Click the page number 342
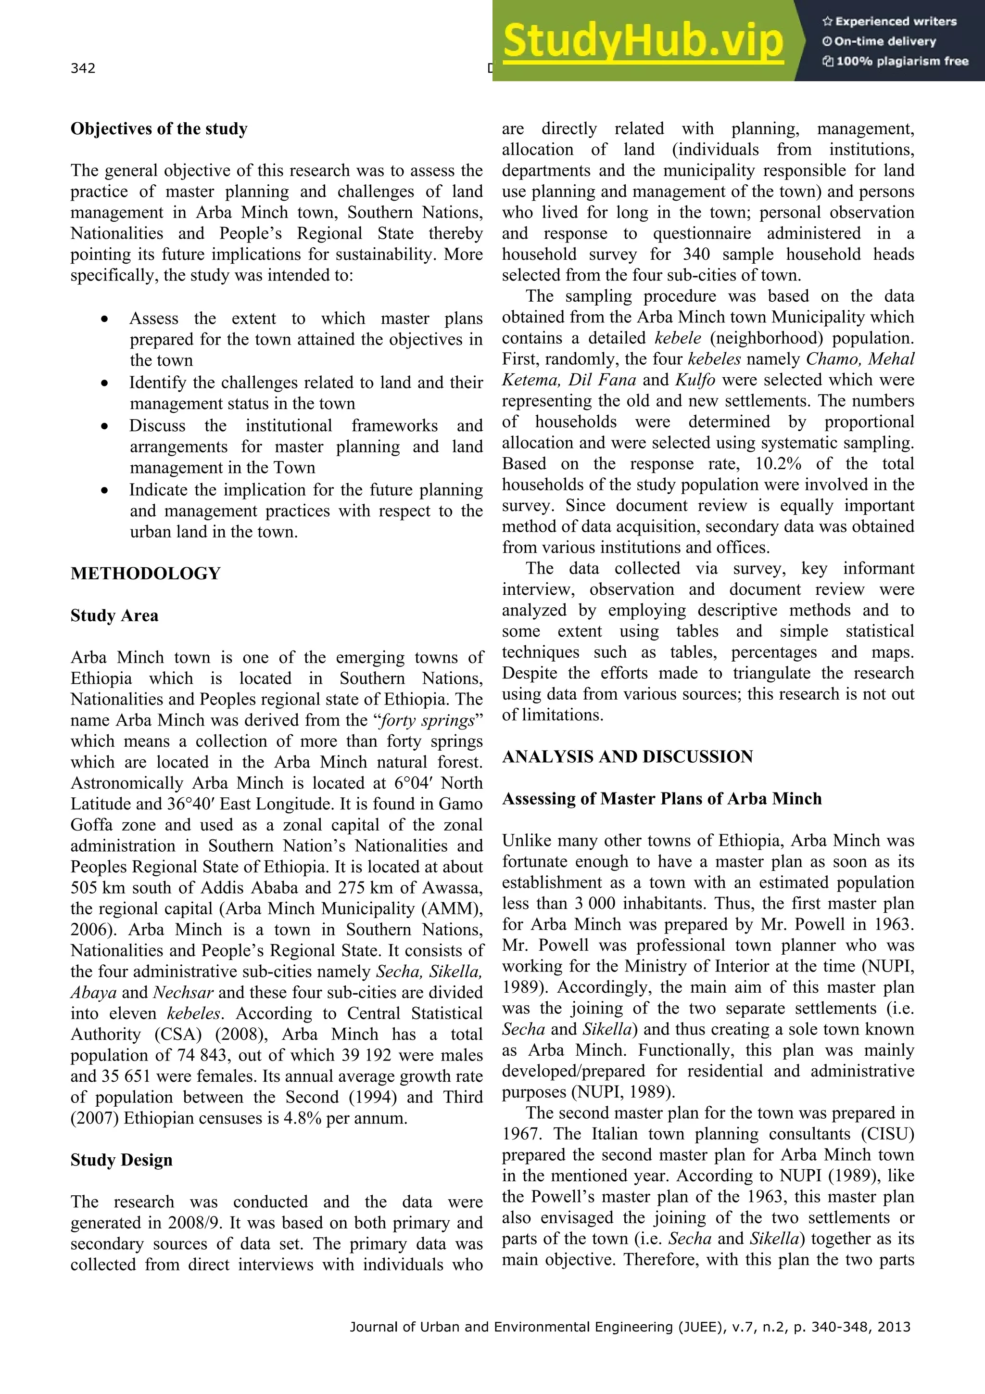click(x=83, y=68)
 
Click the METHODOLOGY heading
click(x=145, y=573)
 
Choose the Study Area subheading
click(x=114, y=615)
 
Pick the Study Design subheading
click(x=121, y=1160)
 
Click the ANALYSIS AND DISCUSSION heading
click(x=627, y=756)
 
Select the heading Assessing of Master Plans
click(x=661, y=798)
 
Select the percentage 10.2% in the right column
click(x=778, y=464)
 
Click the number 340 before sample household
click(x=695, y=255)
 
